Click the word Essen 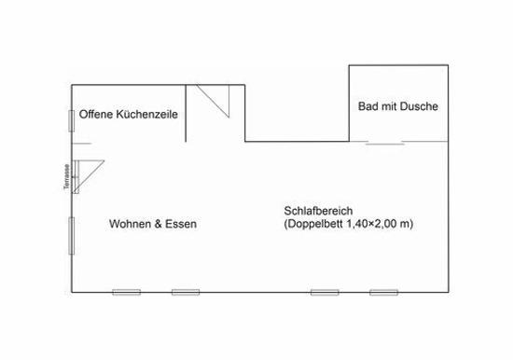click(x=181, y=224)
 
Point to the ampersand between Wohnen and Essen click(x=158, y=224)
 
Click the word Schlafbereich click(x=318, y=211)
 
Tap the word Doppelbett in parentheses click(x=313, y=224)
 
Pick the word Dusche click(x=419, y=106)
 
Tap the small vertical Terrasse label click(x=67, y=176)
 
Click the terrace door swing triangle click(x=88, y=176)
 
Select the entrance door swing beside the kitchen click(x=213, y=101)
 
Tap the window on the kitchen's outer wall click(x=71, y=121)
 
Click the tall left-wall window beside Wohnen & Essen click(x=71, y=236)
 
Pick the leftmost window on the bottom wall click(x=127, y=292)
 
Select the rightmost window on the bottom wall click(x=383, y=292)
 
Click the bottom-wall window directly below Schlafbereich click(x=325, y=292)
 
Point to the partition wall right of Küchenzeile click(x=186, y=113)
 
